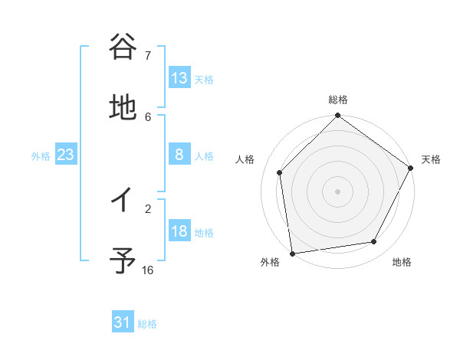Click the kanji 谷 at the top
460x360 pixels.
tap(123, 47)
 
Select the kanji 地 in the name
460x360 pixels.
tap(123, 108)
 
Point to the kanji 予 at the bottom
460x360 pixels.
tap(123, 261)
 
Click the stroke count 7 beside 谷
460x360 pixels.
tap(148, 55)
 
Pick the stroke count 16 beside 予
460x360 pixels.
tap(148, 270)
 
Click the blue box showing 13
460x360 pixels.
tap(179, 78)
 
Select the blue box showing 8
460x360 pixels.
tap(179, 155)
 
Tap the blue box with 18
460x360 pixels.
tap(179, 231)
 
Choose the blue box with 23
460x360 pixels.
tap(66, 155)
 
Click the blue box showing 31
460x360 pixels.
tap(123, 322)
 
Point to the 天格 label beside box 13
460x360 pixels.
tap(204, 79)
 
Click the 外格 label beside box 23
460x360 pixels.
tap(41, 155)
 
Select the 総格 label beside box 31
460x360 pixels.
tap(147, 323)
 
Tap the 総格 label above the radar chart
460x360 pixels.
tap(338, 100)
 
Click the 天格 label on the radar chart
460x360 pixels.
tap(431, 159)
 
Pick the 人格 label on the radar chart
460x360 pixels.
tap(245, 159)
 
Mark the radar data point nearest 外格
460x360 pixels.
tap(292, 253)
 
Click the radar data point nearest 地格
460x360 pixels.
tap(374, 241)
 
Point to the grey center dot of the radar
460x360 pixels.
tap(338, 191)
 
